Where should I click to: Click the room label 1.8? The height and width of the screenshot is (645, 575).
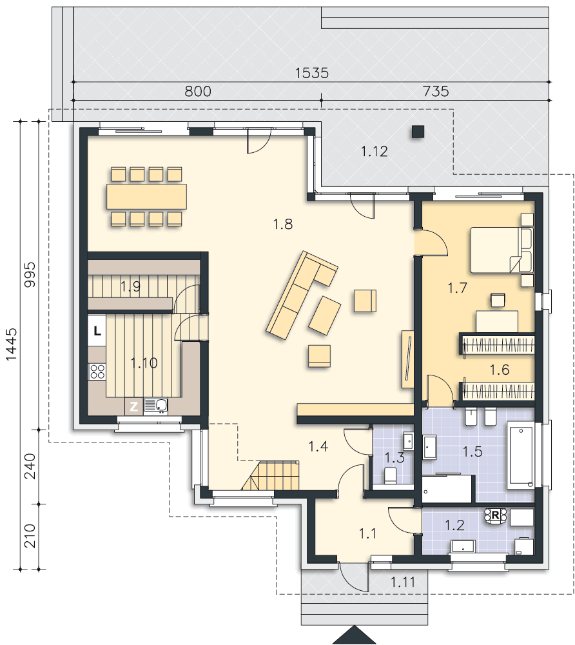pyautogui.click(x=283, y=224)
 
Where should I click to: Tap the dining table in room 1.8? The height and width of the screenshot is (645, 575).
pyautogui.click(x=147, y=197)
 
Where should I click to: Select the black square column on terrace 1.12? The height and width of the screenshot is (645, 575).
pyautogui.click(x=418, y=132)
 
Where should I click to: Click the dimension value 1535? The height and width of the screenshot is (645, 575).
pyautogui.click(x=312, y=73)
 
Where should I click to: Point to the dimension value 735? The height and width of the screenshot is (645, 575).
pyautogui.click(x=436, y=91)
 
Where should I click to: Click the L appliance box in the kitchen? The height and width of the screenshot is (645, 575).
pyautogui.click(x=97, y=331)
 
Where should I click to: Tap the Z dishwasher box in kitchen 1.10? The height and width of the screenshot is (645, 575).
pyautogui.click(x=134, y=406)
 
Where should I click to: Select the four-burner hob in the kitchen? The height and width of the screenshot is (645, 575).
pyautogui.click(x=97, y=372)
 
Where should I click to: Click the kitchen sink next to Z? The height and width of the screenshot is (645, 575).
pyautogui.click(x=156, y=406)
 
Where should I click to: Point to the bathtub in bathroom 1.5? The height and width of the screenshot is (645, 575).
pyautogui.click(x=521, y=455)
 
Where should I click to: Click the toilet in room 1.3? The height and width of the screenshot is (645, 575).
pyautogui.click(x=389, y=475)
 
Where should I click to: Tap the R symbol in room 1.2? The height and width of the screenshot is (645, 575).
pyautogui.click(x=495, y=515)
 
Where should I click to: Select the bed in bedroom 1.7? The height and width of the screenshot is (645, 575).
pyautogui.click(x=502, y=250)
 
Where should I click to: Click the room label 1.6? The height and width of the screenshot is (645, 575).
pyautogui.click(x=500, y=370)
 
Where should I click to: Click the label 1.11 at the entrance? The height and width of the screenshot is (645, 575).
pyautogui.click(x=402, y=582)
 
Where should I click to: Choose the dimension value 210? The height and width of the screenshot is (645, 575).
pyautogui.click(x=30, y=536)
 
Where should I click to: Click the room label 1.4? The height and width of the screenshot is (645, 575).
pyautogui.click(x=318, y=446)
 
